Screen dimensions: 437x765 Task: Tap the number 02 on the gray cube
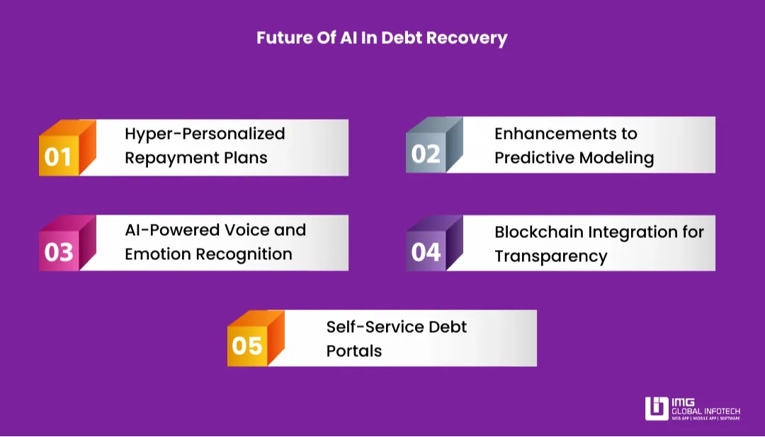pos(426,154)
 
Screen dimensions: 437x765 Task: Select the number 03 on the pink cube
pos(58,253)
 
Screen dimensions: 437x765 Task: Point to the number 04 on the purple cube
pos(426,252)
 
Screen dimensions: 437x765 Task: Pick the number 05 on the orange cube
pos(247,347)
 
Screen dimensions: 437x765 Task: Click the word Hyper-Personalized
pos(205,134)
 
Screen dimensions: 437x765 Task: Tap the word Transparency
pos(550,256)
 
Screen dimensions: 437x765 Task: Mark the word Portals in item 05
pos(353,351)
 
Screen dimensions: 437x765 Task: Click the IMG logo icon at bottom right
pos(656,409)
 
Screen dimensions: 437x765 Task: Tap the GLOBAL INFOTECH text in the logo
pos(705,411)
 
